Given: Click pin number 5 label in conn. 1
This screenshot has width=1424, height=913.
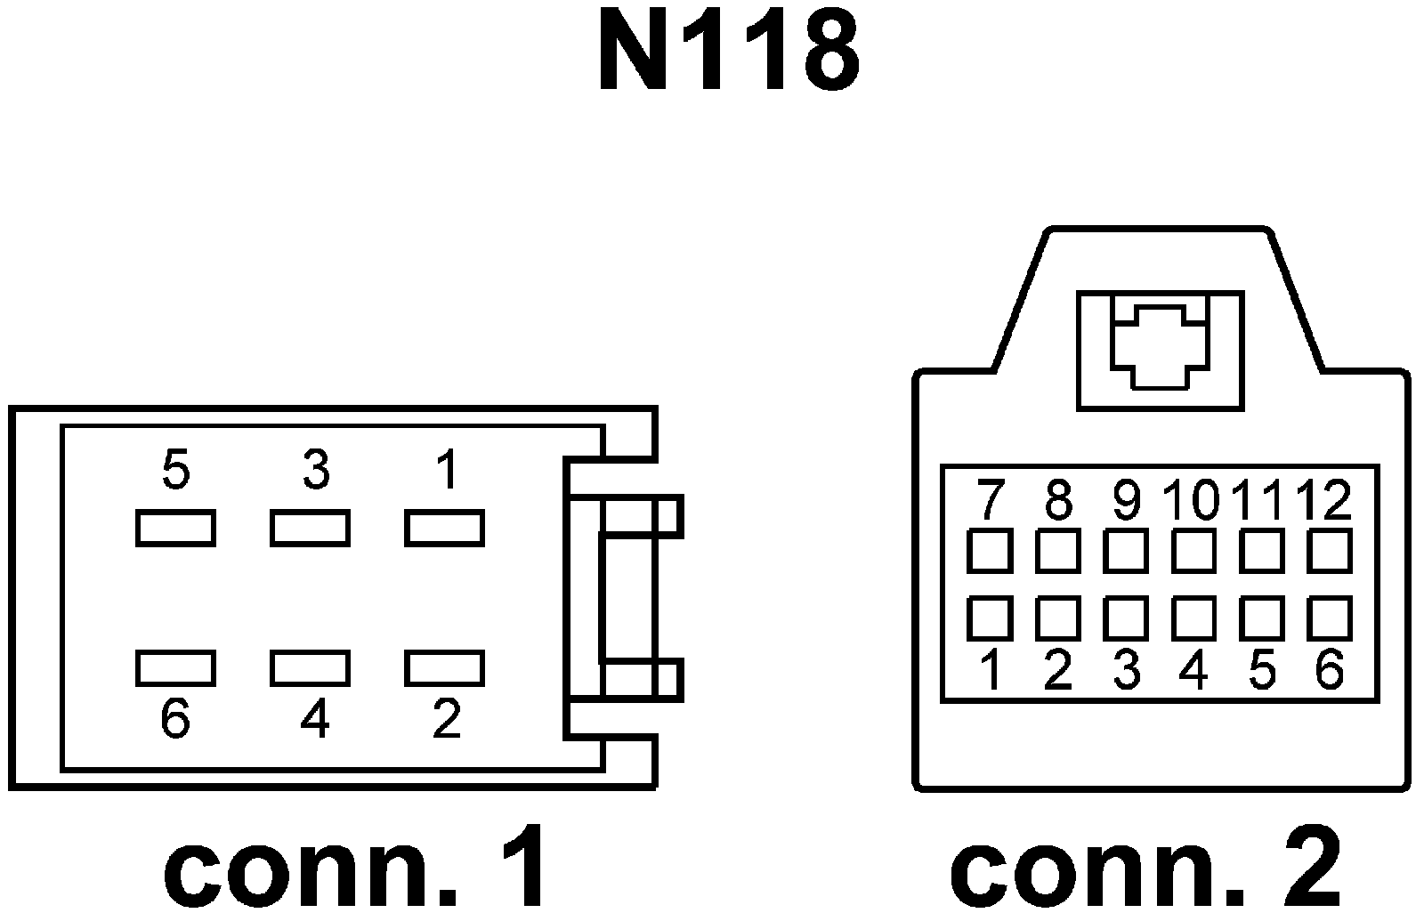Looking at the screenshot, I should coord(176,469).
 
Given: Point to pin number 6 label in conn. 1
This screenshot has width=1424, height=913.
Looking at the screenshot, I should coord(175,718).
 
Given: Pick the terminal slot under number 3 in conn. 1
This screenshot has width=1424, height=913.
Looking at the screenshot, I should coord(310,528).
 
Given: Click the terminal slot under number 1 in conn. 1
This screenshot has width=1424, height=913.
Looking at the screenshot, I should coord(444,528).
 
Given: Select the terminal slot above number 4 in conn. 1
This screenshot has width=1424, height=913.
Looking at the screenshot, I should coord(310,668).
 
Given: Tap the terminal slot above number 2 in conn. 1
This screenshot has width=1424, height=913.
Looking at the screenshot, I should coord(444,668).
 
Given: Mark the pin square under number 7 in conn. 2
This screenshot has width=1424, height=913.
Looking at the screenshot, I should coord(990,551).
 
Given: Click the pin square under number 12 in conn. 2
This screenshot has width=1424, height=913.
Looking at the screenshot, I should coord(1330,551).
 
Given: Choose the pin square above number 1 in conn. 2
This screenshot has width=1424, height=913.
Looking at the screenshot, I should coord(990,618).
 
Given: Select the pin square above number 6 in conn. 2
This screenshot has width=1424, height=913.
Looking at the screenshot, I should coord(1330,618).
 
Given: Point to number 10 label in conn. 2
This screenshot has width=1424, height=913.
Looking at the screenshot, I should coord(1193,500).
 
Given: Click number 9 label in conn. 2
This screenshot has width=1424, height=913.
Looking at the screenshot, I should coord(1127,500).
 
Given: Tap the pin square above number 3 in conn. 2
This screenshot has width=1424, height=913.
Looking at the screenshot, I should coord(1126,618).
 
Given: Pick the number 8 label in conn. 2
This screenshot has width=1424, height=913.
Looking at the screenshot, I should coord(1057,500).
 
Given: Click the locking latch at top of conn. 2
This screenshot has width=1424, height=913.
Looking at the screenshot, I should coord(1160,349).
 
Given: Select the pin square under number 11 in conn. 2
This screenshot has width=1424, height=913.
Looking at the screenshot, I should coord(1262,551).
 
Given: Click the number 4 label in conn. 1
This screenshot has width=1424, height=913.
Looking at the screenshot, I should coord(315,718).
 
